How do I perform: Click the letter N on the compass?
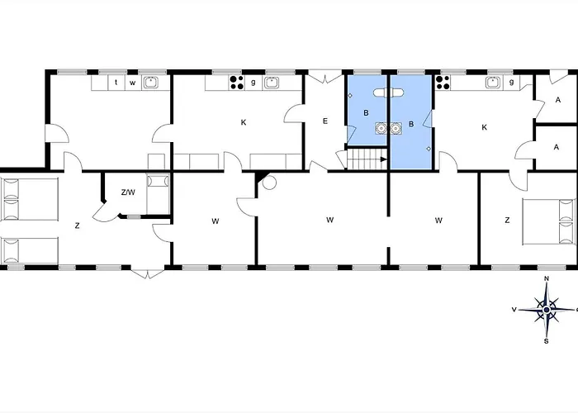coord(547,278)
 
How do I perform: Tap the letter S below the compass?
coord(547,341)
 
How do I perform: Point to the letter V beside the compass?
coord(514,310)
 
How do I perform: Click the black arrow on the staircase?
coord(383,159)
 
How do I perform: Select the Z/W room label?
coord(128,192)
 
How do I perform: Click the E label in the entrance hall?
coord(325,121)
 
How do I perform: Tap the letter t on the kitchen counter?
coord(116,83)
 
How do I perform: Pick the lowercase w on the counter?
coord(133,83)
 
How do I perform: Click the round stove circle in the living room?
coord(269,183)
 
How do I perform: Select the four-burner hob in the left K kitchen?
coord(236,83)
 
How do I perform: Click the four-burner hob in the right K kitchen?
coord(443,83)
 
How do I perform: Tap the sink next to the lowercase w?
coord(150,83)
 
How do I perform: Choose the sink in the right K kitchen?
coord(493,83)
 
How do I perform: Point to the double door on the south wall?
coord(148,273)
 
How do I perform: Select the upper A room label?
coord(557,100)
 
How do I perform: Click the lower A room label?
coord(557,147)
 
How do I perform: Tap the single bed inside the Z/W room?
coord(158,194)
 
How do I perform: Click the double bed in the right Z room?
coord(549,221)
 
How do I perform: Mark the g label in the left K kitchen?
coord(253,83)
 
